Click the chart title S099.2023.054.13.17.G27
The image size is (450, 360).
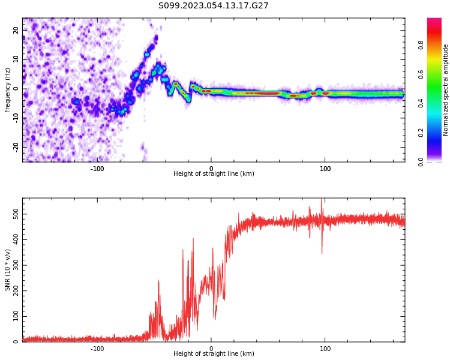point(214,6)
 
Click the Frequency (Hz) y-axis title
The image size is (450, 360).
point(8,90)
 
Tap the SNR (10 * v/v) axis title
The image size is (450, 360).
point(8,270)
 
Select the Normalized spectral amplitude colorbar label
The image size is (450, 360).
point(446,90)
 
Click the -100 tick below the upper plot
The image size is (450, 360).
point(97,169)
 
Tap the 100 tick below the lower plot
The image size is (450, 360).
point(325,349)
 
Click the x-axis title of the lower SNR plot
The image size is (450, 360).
point(214,354)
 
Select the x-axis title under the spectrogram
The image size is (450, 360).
point(214,174)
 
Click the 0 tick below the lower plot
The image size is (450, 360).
point(211,349)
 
